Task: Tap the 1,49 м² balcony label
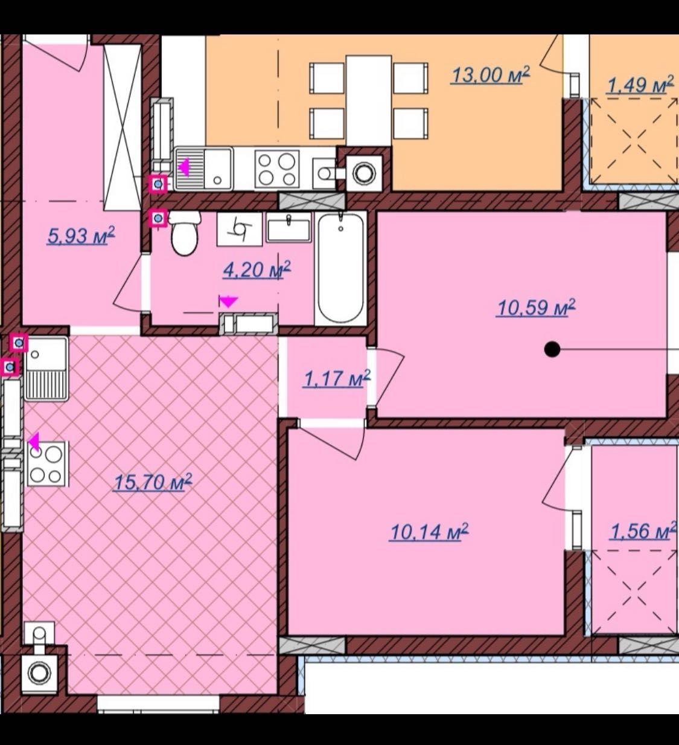[640, 85]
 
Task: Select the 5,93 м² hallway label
[81, 236]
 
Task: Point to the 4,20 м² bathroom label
[257, 269]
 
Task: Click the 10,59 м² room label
[536, 308]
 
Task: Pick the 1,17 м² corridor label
[337, 378]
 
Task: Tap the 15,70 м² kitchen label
[153, 482]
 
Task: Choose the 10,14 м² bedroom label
[429, 532]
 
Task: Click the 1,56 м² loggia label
[643, 531]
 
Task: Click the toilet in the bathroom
[185, 233]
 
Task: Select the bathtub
[340, 268]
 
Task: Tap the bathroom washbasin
[288, 227]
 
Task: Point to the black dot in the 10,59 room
[552, 349]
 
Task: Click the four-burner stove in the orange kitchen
[277, 169]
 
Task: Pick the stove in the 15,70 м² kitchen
[46, 463]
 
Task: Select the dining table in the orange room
[368, 100]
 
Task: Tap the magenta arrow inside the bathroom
[228, 301]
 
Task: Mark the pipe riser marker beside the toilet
[158, 219]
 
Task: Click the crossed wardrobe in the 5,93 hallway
[122, 127]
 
